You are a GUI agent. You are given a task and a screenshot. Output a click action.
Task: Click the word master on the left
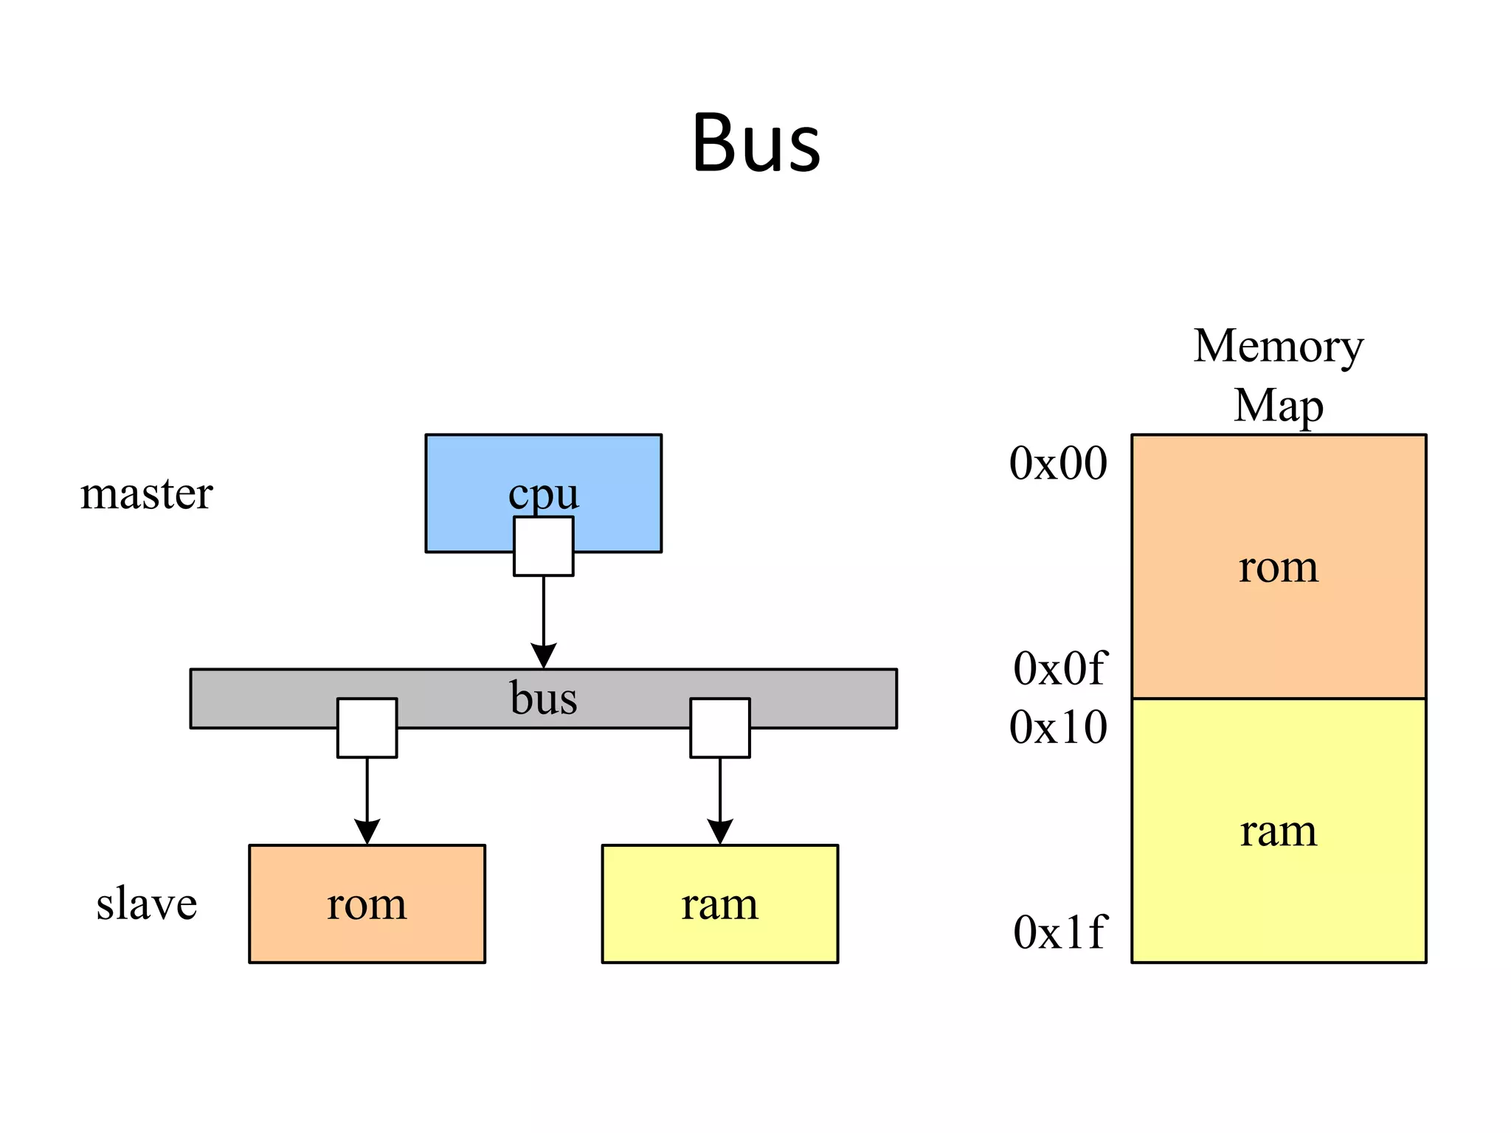(146, 493)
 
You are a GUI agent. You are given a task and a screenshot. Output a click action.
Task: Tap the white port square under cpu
(543, 547)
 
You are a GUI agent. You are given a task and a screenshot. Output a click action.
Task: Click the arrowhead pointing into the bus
(543, 656)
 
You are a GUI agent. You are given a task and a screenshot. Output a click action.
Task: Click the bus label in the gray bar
(543, 698)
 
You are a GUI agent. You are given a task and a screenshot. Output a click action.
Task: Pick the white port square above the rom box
(367, 728)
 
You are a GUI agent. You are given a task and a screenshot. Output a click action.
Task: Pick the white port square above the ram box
(719, 728)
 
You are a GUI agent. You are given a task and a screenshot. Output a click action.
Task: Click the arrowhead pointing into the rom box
(367, 831)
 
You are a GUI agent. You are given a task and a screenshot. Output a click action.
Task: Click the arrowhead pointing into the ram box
(719, 831)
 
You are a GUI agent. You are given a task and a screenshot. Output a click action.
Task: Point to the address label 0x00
(1058, 464)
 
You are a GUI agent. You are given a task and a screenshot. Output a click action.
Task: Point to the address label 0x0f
(1059, 669)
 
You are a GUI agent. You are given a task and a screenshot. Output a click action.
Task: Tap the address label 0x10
(1058, 727)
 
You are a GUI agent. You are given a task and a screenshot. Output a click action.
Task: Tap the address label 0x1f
(1059, 932)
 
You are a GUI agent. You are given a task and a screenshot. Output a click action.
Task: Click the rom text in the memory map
(1278, 567)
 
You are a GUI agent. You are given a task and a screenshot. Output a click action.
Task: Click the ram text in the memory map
(1278, 831)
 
